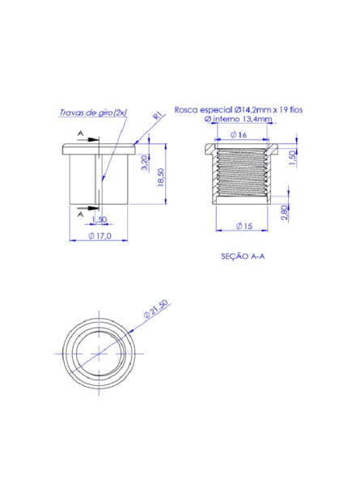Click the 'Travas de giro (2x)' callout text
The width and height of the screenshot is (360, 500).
93,112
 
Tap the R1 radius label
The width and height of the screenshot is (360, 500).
159,116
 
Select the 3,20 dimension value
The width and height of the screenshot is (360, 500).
145,163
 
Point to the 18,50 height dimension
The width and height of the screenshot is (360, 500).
161,177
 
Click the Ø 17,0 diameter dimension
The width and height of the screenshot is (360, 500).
100,235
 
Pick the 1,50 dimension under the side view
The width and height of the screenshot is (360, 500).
100,219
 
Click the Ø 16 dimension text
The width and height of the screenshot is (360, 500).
239,135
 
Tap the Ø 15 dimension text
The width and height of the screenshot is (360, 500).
244,226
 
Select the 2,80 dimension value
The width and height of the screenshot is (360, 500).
285,212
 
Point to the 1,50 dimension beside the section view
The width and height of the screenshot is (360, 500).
292,158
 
